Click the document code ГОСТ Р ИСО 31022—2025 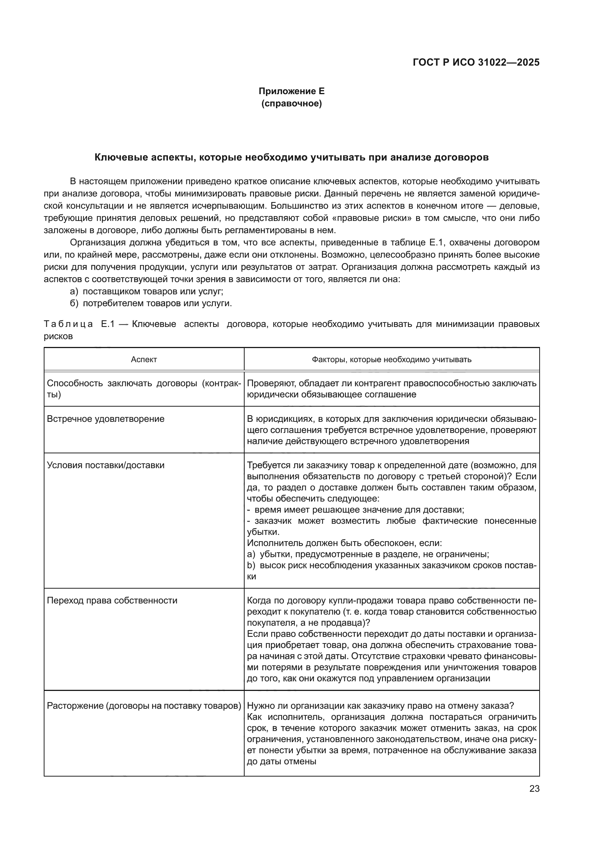pos(476,62)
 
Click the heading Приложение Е pos(291,91)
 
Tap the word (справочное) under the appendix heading pos(291,103)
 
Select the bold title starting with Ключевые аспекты pos(291,158)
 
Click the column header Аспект pos(144,360)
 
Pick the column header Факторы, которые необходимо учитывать pos(391,360)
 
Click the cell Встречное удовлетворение pos(106,419)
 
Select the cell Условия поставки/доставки pos(106,465)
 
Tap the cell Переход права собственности pos(112,600)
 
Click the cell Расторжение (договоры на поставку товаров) pos(144,706)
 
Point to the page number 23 pos(534,789)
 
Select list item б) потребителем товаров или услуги pos(151,303)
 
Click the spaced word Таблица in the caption pos(68,324)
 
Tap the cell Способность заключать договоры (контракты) pos(144,388)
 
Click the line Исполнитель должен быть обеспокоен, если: pos(344,543)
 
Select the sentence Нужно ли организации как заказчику pos(380,706)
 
